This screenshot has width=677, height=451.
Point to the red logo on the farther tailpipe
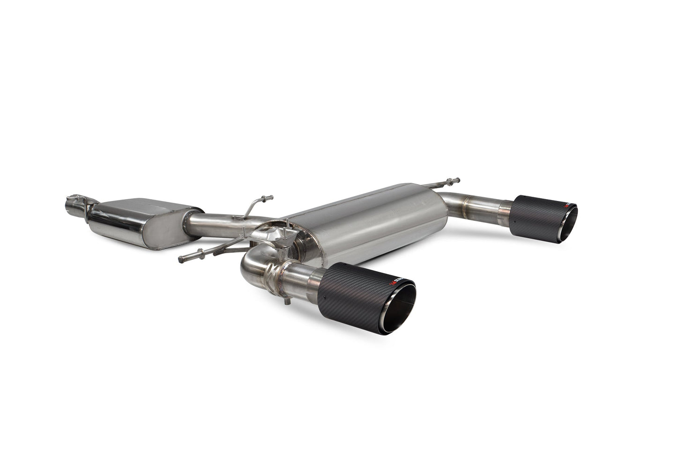pyautogui.click(x=568, y=206)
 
